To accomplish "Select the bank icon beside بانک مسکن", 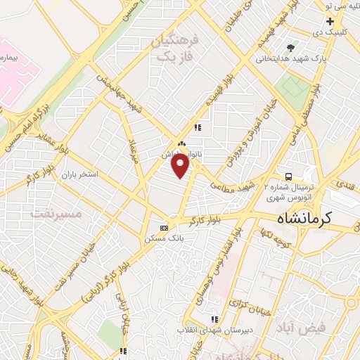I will [165, 228].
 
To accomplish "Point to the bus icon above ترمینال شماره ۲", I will [288, 176].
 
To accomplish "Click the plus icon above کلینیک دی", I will [329, 22].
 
